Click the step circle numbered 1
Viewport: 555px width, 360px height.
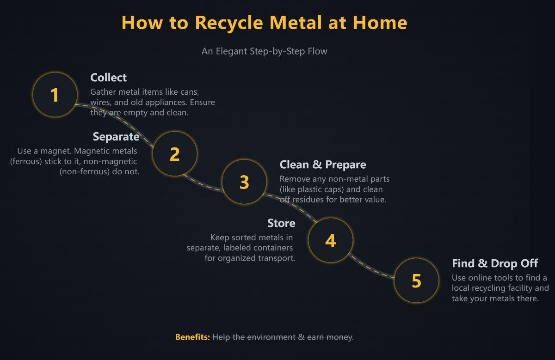click(x=55, y=95)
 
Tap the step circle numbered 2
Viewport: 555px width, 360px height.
click(x=174, y=154)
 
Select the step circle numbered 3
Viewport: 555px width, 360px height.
click(x=244, y=182)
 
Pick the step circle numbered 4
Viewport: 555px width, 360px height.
click(x=330, y=240)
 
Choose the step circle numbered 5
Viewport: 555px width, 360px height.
click(x=416, y=281)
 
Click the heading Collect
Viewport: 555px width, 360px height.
click(x=108, y=78)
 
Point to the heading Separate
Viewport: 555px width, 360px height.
click(x=116, y=137)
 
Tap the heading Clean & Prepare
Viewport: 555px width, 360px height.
click(x=322, y=165)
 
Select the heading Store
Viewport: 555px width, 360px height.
click(x=281, y=223)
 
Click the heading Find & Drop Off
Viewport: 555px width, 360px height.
click(x=494, y=263)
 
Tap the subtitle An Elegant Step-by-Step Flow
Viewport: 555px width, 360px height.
click(x=264, y=51)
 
